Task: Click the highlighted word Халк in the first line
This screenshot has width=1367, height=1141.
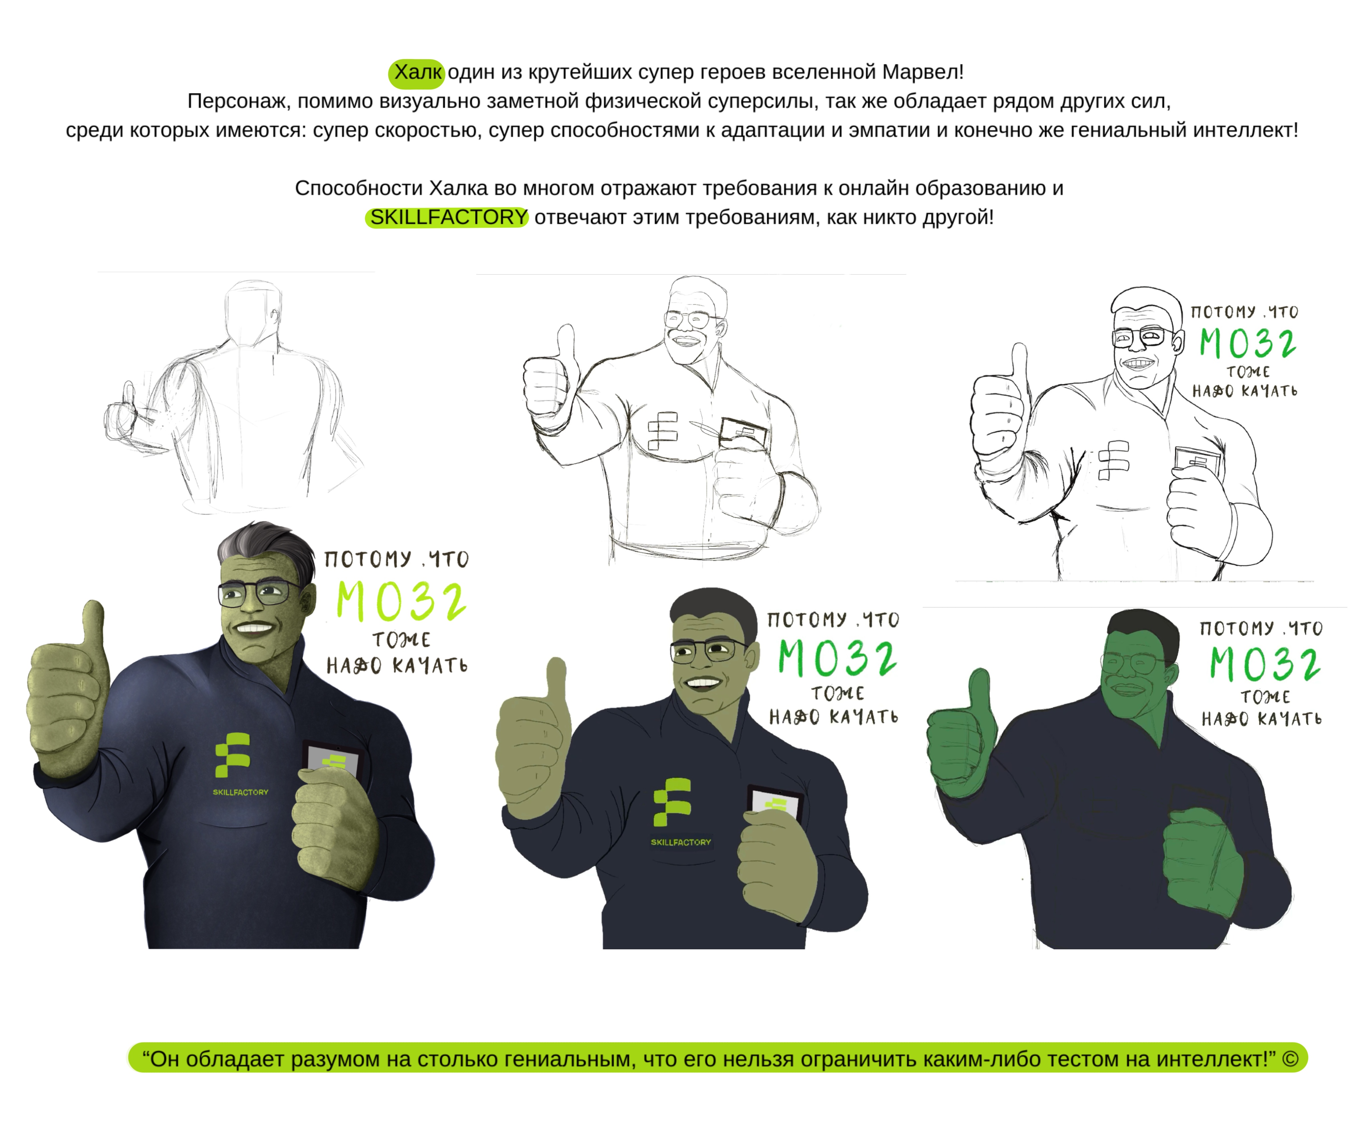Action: point(417,72)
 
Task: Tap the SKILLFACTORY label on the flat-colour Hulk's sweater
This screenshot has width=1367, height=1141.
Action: point(681,842)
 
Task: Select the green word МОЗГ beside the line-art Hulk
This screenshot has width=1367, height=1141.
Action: point(1248,343)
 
